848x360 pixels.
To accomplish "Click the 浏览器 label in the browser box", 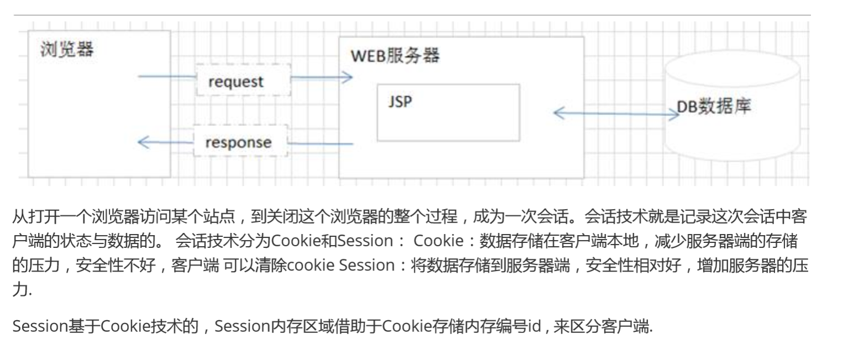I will (x=67, y=50).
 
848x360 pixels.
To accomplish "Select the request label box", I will (x=236, y=82).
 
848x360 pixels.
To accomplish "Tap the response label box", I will (x=239, y=142).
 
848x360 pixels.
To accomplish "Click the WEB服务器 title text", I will (x=395, y=56).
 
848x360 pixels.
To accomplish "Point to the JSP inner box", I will (x=448, y=113).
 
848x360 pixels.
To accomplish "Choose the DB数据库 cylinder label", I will (x=714, y=107).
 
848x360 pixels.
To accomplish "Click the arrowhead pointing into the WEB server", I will (x=347, y=77).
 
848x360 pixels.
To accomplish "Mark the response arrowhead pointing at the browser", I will (x=143, y=142).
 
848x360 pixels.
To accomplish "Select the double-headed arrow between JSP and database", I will (x=616, y=113).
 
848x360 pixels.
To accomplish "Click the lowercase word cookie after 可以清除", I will (x=311, y=265).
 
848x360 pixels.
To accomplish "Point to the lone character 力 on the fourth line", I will (x=19, y=289).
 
